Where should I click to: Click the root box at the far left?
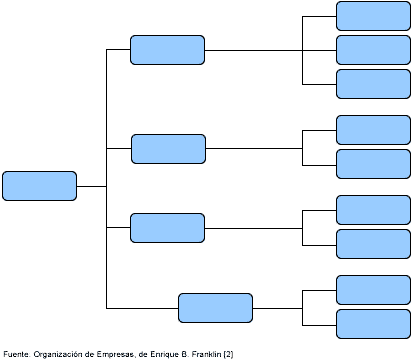pyautogui.click(x=40, y=186)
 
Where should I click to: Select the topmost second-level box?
pyautogui.click(x=167, y=50)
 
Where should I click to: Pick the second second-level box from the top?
pyautogui.click(x=168, y=149)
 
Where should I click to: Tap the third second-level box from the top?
pyautogui.click(x=167, y=228)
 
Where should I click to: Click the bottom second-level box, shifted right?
pyautogui.click(x=215, y=308)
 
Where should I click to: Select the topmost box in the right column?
pyautogui.click(x=373, y=16)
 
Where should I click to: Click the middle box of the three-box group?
pyautogui.click(x=373, y=50)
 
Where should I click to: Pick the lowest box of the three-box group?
pyautogui.click(x=373, y=84)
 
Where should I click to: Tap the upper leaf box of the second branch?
pyautogui.click(x=373, y=130)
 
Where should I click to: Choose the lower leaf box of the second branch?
pyautogui.click(x=373, y=164)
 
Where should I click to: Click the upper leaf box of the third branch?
pyautogui.click(x=373, y=210)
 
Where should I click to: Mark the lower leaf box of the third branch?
pyautogui.click(x=373, y=244)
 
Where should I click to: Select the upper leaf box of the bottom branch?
pyautogui.click(x=373, y=290)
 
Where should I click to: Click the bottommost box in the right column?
pyautogui.click(x=373, y=324)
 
